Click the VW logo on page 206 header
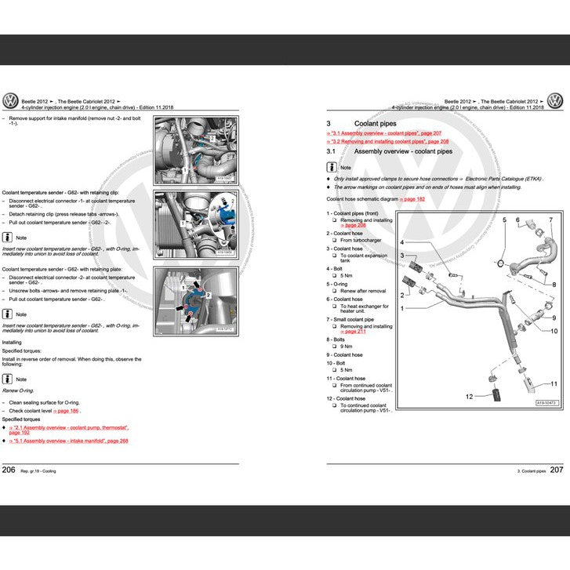click(x=11, y=100)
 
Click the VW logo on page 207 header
click(x=555, y=100)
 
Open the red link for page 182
click(x=413, y=200)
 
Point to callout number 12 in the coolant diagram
click(x=470, y=397)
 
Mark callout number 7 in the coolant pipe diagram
click(x=550, y=220)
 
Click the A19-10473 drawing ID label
click(x=546, y=402)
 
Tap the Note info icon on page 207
click(x=332, y=167)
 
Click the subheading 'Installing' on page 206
click(x=12, y=342)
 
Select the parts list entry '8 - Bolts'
click(x=339, y=339)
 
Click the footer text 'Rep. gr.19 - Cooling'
click(x=38, y=470)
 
